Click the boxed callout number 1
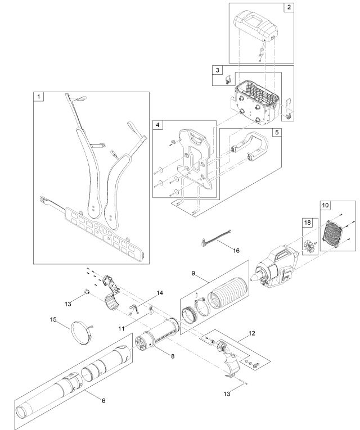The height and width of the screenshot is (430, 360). pos(39,97)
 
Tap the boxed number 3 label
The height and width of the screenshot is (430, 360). pos(217,70)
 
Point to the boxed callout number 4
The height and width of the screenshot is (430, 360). pos(158,125)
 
